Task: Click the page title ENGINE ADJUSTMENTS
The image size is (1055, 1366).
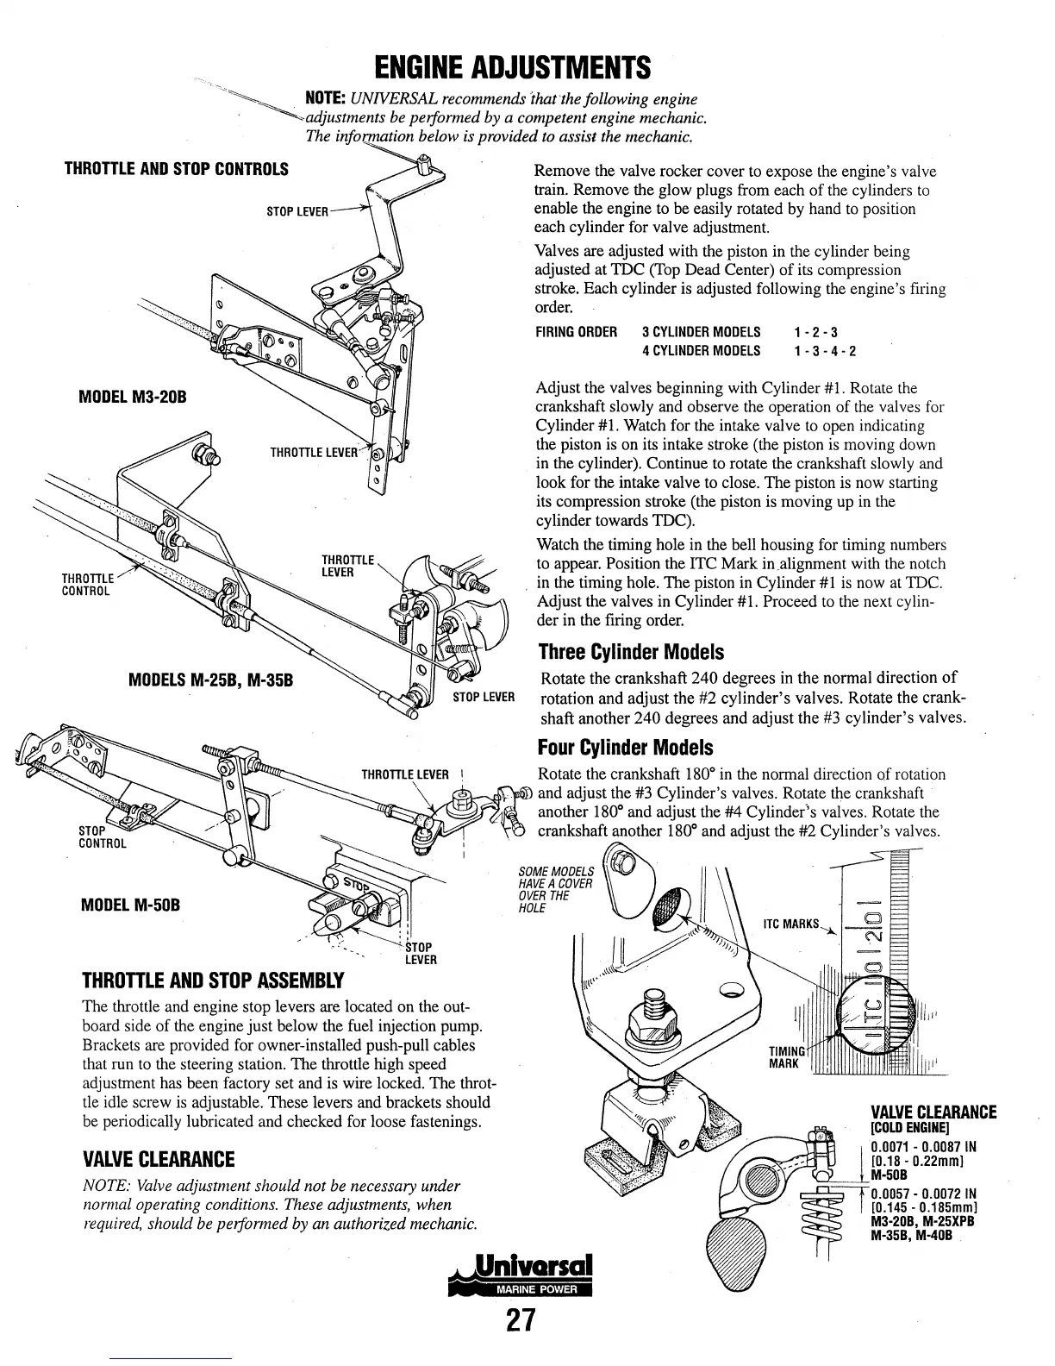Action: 512,66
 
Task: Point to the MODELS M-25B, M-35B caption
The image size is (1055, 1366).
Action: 211,680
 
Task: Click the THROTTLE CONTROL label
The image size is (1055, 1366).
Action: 87,585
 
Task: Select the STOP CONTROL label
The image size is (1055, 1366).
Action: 102,837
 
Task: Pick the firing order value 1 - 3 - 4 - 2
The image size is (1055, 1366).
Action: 825,351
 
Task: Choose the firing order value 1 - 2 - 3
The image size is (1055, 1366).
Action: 815,332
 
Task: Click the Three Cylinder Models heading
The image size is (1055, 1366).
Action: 631,652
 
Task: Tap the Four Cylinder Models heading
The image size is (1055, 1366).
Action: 626,747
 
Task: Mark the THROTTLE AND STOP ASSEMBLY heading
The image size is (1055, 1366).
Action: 212,981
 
